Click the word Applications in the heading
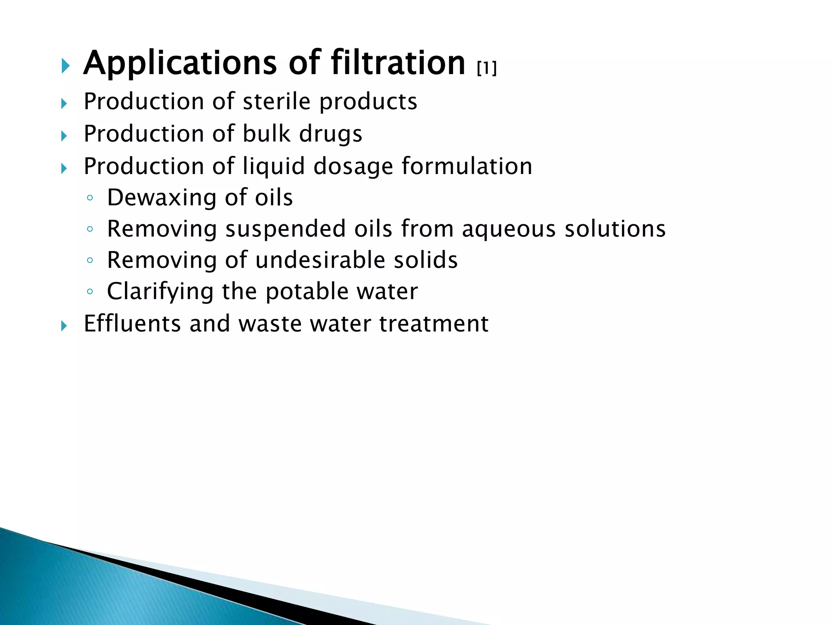[180, 63]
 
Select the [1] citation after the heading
[487, 68]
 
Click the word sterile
[277, 101]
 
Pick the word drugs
[330, 134]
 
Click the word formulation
[467, 166]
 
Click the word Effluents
[132, 323]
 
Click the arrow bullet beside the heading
[65, 66]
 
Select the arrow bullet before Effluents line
[64, 326]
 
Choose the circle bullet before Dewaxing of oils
[90, 198]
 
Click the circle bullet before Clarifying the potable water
[90, 292]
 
